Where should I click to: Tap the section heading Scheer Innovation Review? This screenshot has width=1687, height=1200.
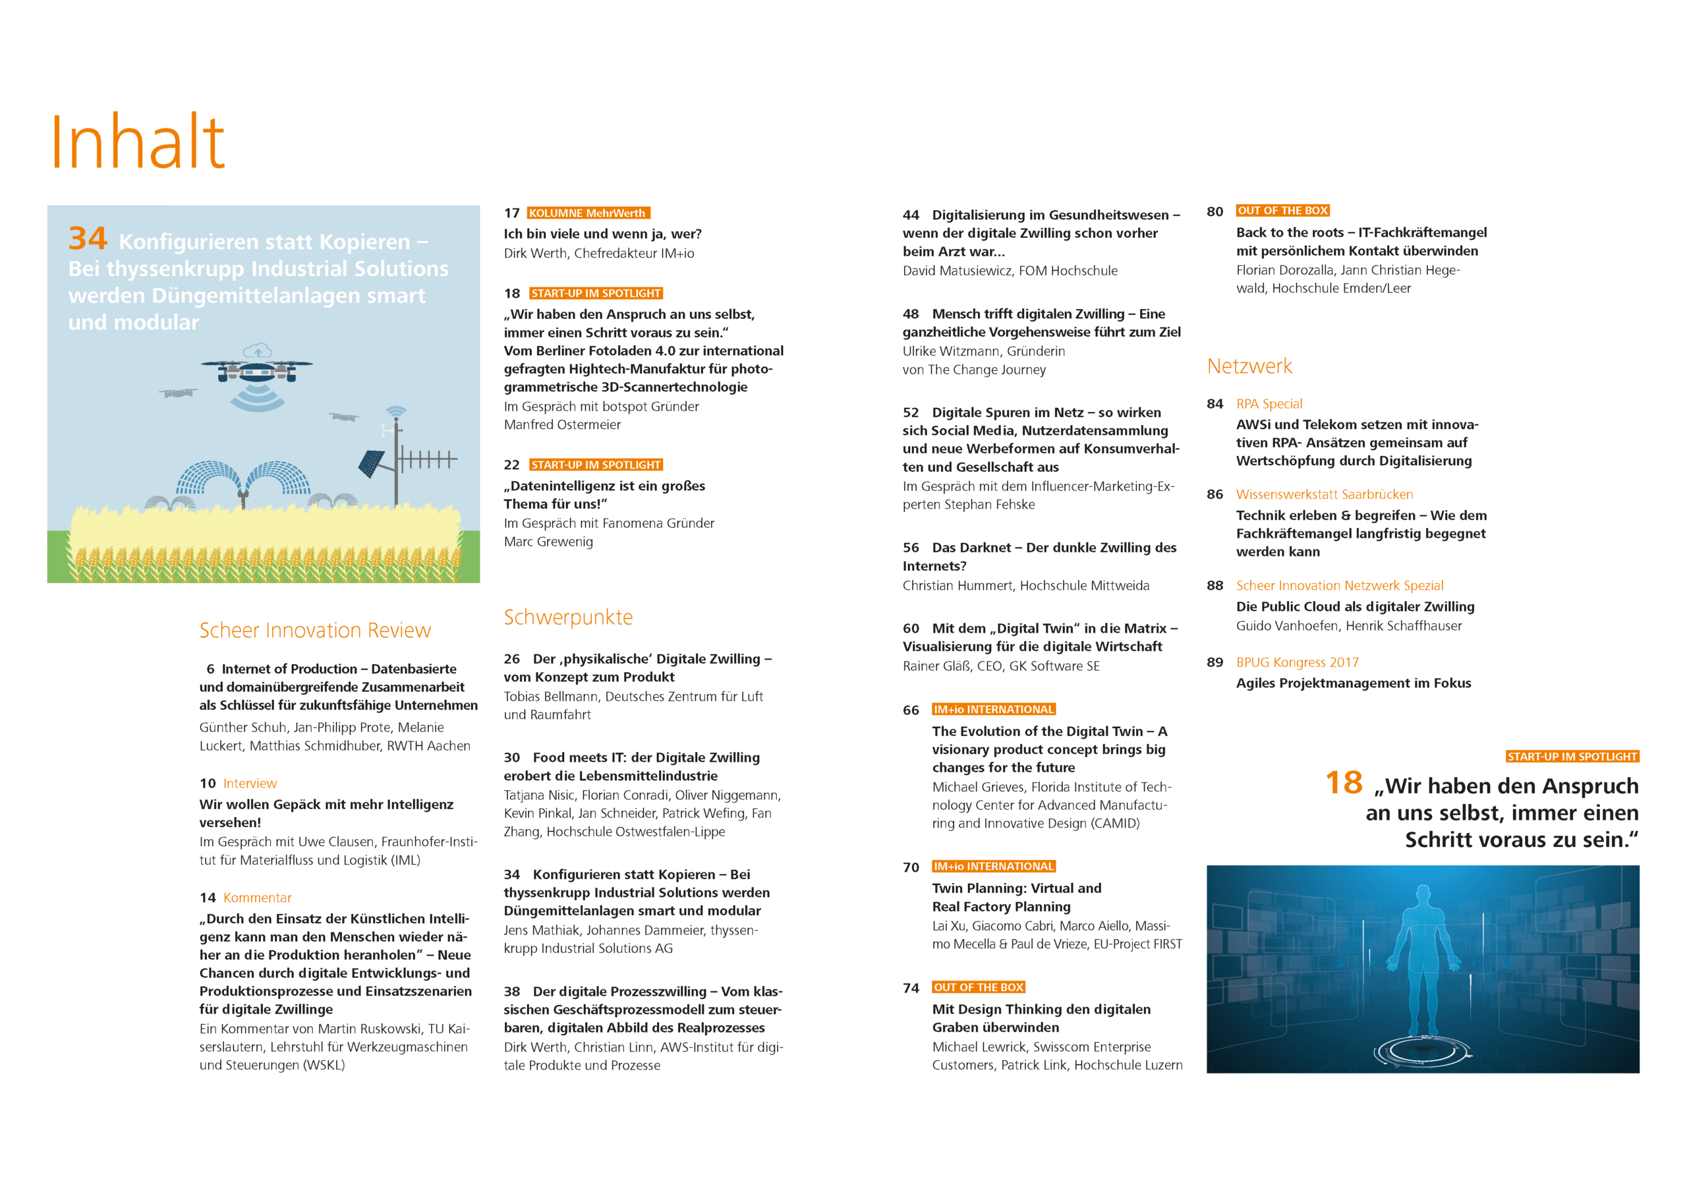[x=315, y=630]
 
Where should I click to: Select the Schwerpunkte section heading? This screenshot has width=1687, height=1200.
[x=567, y=617]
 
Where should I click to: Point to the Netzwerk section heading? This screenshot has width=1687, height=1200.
[x=1249, y=366]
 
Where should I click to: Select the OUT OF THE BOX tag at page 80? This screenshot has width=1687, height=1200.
[x=1282, y=211]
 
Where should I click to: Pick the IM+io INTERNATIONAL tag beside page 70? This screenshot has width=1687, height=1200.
[x=993, y=866]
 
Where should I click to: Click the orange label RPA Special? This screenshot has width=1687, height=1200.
[x=1269, y=403]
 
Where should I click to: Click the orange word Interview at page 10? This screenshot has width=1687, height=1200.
[x=250, y=784]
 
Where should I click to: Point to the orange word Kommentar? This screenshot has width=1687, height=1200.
[x=257, y=898]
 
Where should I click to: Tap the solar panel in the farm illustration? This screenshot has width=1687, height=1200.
[x=371, y=463]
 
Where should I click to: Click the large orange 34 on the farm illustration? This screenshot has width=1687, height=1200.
[x=88, y=239]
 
